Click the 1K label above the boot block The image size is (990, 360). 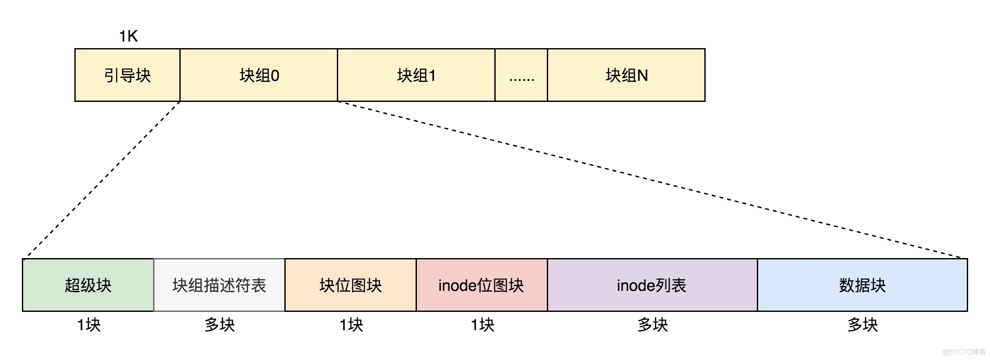pyautogui.click(x=129, y=36)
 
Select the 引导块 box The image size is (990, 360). pyautogui.click(x=127, y=75)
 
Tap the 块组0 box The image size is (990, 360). pyautogui.click(x=259, y=75)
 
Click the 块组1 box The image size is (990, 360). pyautogui.click(x=416, y=75)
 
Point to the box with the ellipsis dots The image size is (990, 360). pyautogui.click(x=521, y=75)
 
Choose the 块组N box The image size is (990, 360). pyautogui.click(x=626, y=75)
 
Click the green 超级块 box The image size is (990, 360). pyautogui.click(x=88, y=285)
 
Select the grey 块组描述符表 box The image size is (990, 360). pyautogui.click(x=219, y=285)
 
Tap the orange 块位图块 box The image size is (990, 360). pyautogui.click(x=350, y=285)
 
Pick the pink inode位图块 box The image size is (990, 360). pyautogui.click(x=481, y=285)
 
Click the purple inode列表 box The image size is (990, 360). pyautogui.click(x=652, y=285)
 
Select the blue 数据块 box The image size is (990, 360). pyautogui.click(x=862, y=285)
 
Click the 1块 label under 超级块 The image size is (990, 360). pyautogui.click(x=89, y=325)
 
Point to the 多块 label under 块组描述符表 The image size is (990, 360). pyautogui.click(x=220, y=325)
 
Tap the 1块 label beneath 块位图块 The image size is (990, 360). pyautogui.click(x=351, y=325)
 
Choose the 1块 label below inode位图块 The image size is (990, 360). pyautogui.click(x=483, y=325)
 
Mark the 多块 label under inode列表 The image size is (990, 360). pyautogui.click(x=653, y=325)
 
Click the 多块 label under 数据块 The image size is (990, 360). pyautogui.click(x=863, y=325)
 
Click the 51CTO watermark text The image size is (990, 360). pyautogui.click(x=964, y=352)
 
